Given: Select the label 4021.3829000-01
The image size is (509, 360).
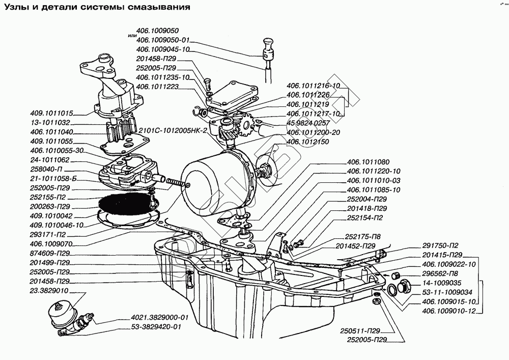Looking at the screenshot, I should (x=159, y=317).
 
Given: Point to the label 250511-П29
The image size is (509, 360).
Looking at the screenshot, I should (x=356, y=330).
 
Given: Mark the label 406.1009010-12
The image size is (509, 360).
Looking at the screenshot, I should (x=448, y=311).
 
